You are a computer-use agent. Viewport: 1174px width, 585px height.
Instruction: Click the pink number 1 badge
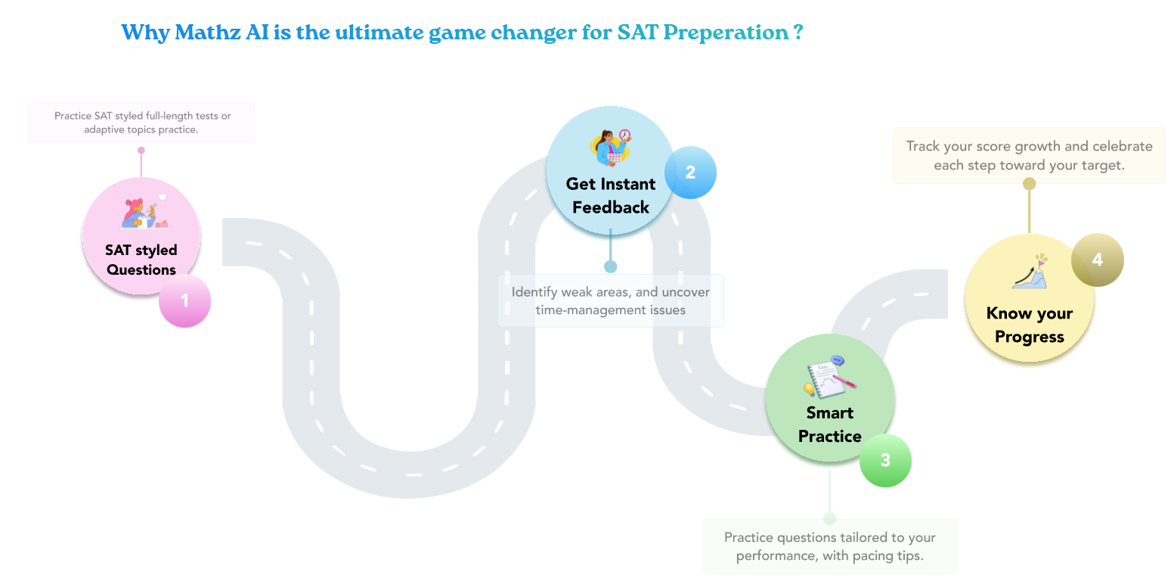184,301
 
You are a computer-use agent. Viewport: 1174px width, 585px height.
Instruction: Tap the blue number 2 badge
690,173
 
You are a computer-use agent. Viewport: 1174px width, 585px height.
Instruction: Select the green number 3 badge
885,460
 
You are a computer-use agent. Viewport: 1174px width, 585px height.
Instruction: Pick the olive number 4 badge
1097,260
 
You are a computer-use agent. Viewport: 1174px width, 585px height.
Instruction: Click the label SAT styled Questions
141,260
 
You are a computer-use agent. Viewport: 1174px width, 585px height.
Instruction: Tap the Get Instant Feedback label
610,195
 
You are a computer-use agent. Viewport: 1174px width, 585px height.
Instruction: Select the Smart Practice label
829,424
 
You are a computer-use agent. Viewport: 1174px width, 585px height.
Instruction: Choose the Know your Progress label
1029,325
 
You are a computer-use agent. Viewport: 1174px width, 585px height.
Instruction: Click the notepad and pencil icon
829,377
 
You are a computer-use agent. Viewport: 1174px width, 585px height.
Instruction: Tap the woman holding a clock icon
610,147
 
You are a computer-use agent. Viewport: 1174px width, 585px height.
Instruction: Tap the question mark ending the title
798,33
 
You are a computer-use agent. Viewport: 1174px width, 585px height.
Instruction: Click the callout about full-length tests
141,123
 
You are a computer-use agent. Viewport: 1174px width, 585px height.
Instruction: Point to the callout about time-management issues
610,300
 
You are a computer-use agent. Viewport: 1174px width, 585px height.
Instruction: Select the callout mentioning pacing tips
829,546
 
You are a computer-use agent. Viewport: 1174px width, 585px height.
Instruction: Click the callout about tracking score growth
1029,155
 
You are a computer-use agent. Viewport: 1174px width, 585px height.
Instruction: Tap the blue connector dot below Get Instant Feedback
610,266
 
